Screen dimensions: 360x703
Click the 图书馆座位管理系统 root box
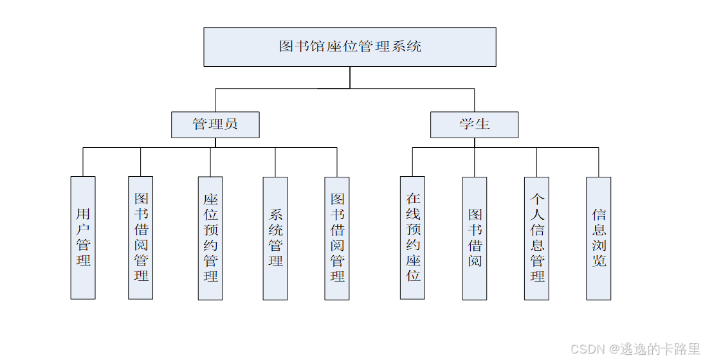coord(350,47)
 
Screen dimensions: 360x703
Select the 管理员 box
coord(215,125)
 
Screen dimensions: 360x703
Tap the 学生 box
coord(474,125)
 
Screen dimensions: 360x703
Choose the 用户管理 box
coord(83,238)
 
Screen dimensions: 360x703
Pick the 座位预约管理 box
coord(210,238)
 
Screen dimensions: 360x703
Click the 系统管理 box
coord(275,238)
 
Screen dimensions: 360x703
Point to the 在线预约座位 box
coord(412,238)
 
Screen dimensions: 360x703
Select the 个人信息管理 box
coord(536,238)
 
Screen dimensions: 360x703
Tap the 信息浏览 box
coord(599,238)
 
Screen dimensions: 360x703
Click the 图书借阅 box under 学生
coord(475,238)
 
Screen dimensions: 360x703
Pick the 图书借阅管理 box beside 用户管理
coord(141,238)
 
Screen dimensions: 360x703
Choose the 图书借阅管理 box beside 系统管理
coord(337,238)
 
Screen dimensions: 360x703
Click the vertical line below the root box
coord(350,77)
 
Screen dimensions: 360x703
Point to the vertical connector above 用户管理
coord(83,162)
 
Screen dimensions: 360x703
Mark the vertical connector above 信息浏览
coord(599,162)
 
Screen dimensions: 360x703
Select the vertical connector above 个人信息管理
coord(536,162)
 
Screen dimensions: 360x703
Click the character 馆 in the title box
coord(318,46)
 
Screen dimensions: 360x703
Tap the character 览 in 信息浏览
coord(599,261)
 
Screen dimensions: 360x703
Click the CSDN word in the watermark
coord(588,349)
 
